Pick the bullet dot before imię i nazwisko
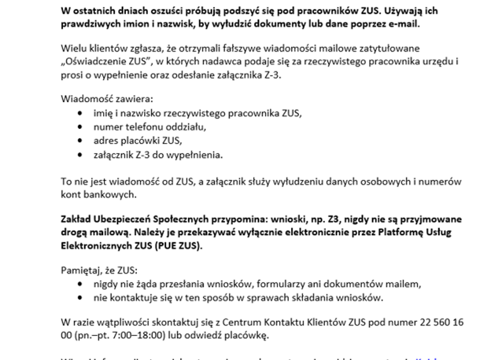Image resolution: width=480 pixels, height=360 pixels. [x=82, y=113]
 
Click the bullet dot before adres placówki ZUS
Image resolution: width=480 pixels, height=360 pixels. [x=82, y=142]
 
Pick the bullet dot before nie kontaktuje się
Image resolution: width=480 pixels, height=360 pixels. [x=82, y=298]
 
